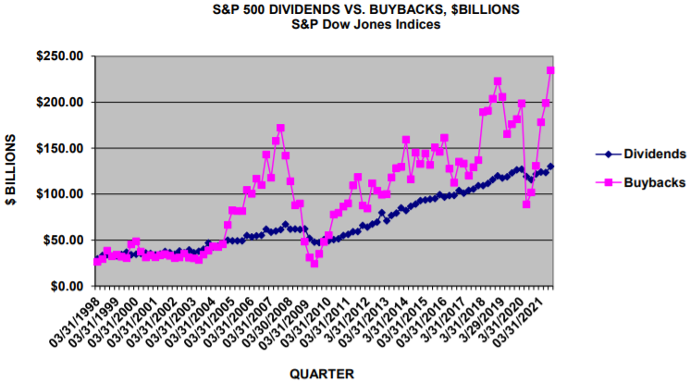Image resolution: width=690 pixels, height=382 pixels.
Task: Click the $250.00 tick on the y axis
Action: [x=60, y=55]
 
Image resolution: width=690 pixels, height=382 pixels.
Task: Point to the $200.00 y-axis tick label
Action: [x=60, y=102]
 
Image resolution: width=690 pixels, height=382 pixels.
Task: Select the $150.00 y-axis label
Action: [x=60, y=148]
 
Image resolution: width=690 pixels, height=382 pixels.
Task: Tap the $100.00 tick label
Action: [x=60, y=194]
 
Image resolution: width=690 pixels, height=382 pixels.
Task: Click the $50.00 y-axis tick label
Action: [x=63, y=240]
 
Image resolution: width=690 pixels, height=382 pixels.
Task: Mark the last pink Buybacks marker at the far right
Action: [x=551, y=70]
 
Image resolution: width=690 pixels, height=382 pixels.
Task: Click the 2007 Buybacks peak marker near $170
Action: [x=280, y=129]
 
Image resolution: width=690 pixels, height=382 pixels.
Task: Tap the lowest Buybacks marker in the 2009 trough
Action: [x=314, y=264]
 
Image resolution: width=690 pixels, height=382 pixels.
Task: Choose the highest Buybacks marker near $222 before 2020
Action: [x=498, y=81]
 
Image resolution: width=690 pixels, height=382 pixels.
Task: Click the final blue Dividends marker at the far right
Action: [x=551, y=166]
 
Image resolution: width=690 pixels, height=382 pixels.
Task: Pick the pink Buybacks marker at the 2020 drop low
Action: [x=526, y=203]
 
